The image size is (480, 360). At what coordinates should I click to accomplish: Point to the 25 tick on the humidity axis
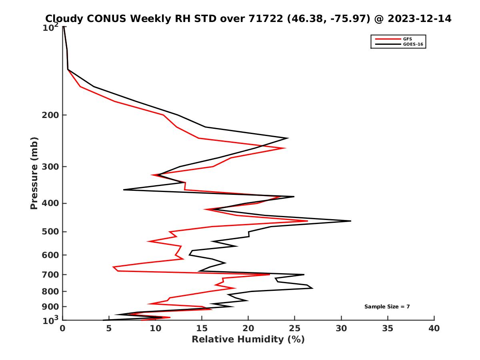[x=295, y=329]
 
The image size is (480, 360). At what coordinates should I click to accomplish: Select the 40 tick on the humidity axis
[x=434, y=329]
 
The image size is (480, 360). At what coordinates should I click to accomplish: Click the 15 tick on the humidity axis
[x=202, y=329]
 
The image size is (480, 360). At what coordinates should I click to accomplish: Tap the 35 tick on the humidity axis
[x=388, y=329]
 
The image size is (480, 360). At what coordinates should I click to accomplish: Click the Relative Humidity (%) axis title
[x=248, y=340]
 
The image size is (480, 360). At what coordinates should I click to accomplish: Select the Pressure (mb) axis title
[x=34, y=173]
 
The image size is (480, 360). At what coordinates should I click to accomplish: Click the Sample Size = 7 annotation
[x=387, y=307]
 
